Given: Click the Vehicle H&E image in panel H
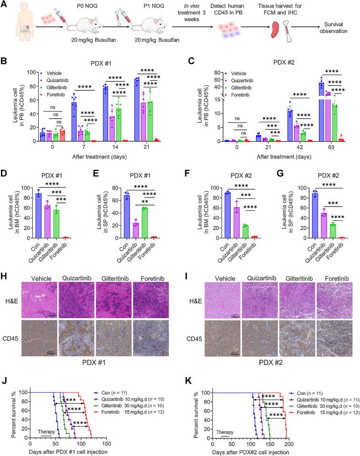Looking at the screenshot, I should (43, 280).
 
